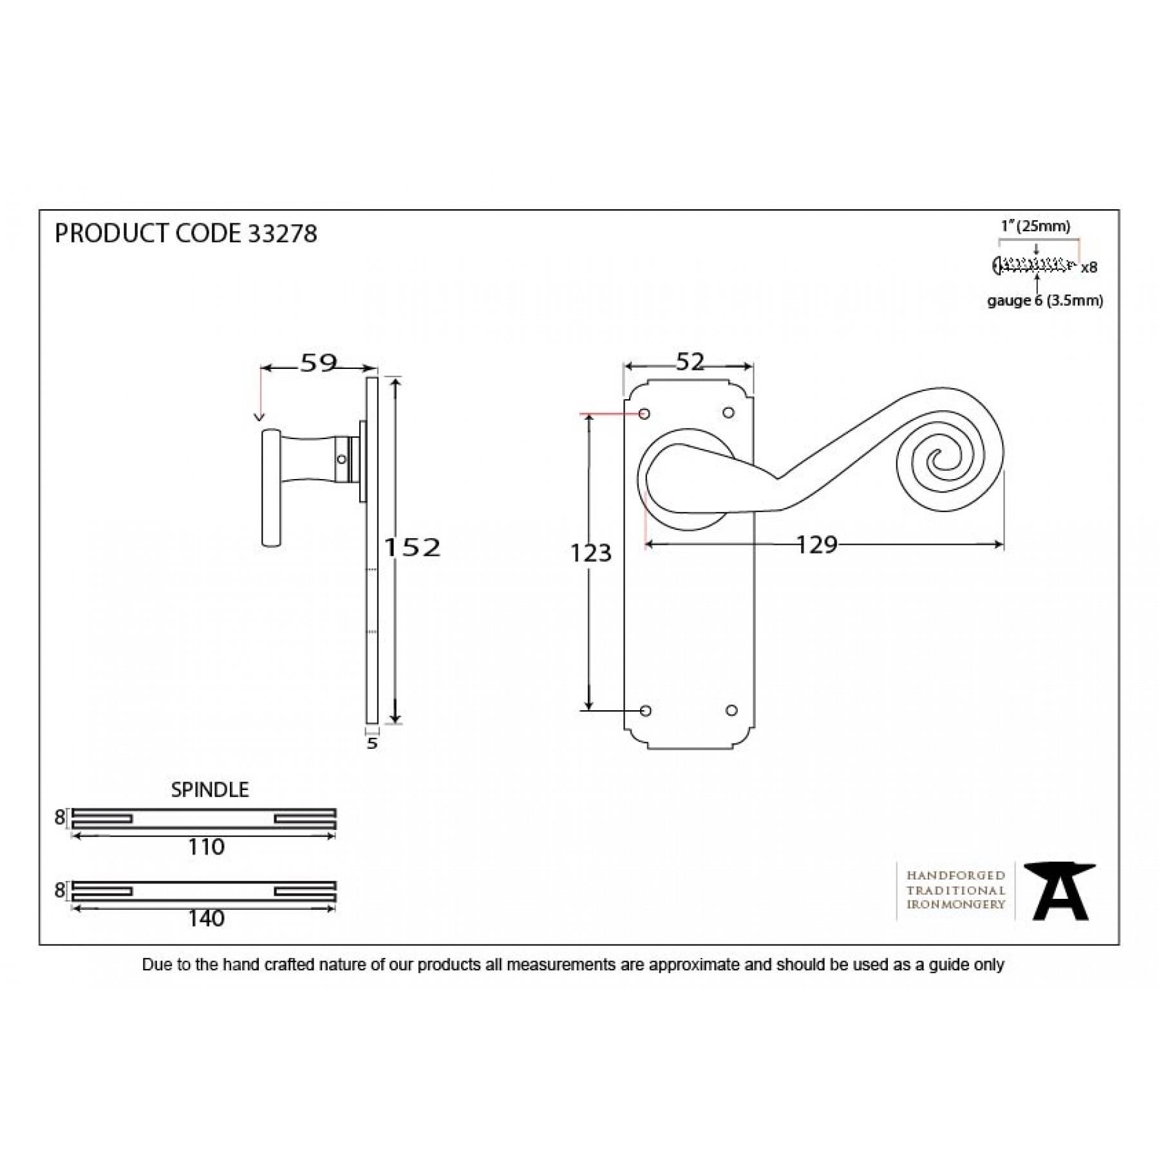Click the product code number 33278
click(282, 234)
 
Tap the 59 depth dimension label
click(319, 363)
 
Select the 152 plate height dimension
click(413, 547)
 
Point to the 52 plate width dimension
click(690, 362)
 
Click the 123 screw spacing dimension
click(590, 553)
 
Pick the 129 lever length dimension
click(817, 545)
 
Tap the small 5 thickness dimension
click(372, 744)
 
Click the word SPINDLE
click(210, 789)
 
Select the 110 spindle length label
click(206, 847)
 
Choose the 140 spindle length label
click(206, 918)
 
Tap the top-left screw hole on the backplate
click(645, 413)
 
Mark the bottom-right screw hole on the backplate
click(731, 711)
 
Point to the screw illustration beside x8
click(1034, 265)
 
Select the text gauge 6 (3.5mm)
click(1045, 301)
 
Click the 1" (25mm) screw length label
click(1035, 227)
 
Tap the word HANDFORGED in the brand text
click(956, 875)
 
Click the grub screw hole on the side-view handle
click(342, 459)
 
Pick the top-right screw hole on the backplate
click(729, 413)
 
